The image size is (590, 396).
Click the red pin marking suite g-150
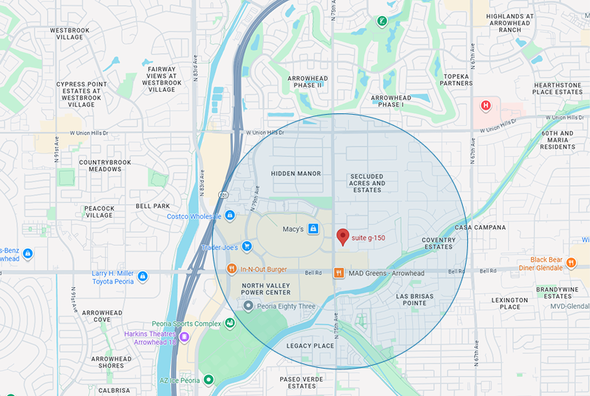click(x=342, y=236)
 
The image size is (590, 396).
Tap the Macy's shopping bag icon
click(x=313, y=229)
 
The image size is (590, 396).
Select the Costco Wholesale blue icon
click(x=230, y=215)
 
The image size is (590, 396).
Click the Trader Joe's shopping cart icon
click(x=247, y=246)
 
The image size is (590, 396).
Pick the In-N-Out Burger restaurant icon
click(x=231, y=269)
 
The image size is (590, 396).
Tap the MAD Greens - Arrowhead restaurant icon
click(x=339, y=273)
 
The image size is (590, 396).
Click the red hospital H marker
click(x=486, y=106)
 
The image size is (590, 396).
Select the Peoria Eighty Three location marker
click(x=248, y=306)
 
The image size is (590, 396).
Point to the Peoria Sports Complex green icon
click(x=231, y=323)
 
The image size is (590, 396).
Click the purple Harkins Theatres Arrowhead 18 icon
click(x=183, y=337)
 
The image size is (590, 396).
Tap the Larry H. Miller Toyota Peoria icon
click(x=143, y=276)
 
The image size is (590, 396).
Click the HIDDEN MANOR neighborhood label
click(x=296, y=173)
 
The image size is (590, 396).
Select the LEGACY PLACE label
click(x=311, y=346)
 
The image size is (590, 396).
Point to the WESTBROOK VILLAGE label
click(x=70, y=33)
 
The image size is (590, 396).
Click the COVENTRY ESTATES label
click(x=438, y=243)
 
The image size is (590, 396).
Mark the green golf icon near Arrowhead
click(x=382, y=21)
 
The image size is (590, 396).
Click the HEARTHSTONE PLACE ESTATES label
click(x=557, y=88)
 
